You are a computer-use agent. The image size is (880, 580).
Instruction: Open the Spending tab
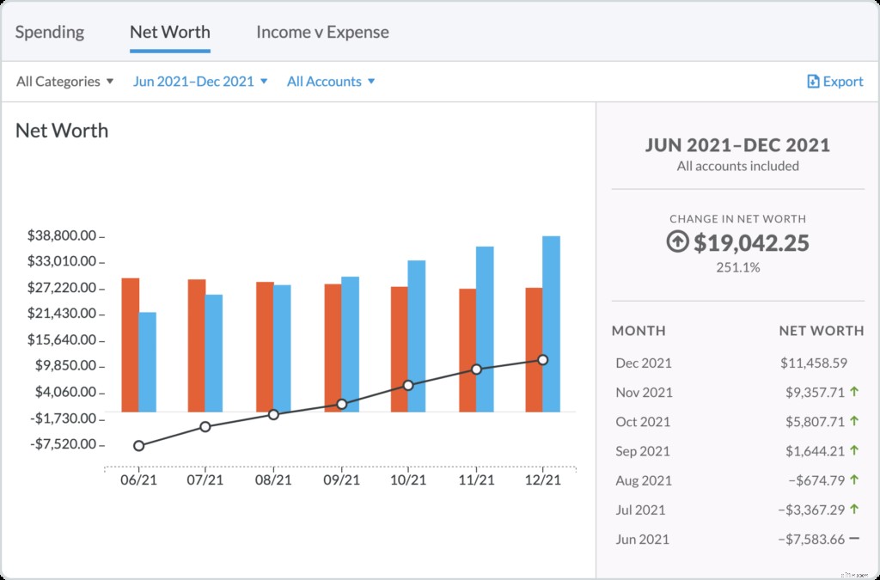click(x=50, y=33)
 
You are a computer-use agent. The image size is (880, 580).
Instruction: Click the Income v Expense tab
click(x=322, y=33)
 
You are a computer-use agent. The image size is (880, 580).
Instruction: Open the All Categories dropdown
click(x=65, y=82)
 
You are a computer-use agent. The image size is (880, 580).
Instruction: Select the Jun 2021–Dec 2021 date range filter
click(x=200, y=82)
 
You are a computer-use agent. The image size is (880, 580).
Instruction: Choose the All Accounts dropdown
click(x=331, y=82)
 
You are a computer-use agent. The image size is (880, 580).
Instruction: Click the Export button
click(x=835, y=82)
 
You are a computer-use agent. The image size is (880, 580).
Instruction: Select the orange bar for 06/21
click(x=131, y=344)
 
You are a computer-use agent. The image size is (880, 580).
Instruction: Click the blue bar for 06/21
click(x=148, y=361)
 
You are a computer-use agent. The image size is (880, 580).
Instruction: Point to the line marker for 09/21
click(x=341, y=404)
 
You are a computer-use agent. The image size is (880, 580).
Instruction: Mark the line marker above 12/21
click(x=543, y=360)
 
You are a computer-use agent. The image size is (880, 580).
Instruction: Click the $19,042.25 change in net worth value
click(x=751, y=243)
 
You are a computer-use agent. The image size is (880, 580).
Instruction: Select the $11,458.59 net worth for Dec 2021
click(x=814, y=363)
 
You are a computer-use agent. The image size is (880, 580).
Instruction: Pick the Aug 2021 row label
click(x=644, y=480)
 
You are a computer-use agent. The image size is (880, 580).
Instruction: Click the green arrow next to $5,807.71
click(x=854, y=421)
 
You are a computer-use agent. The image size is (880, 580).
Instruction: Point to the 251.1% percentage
click(x=737, y=267)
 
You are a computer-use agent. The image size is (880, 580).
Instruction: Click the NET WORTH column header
click(x=821, y=331)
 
